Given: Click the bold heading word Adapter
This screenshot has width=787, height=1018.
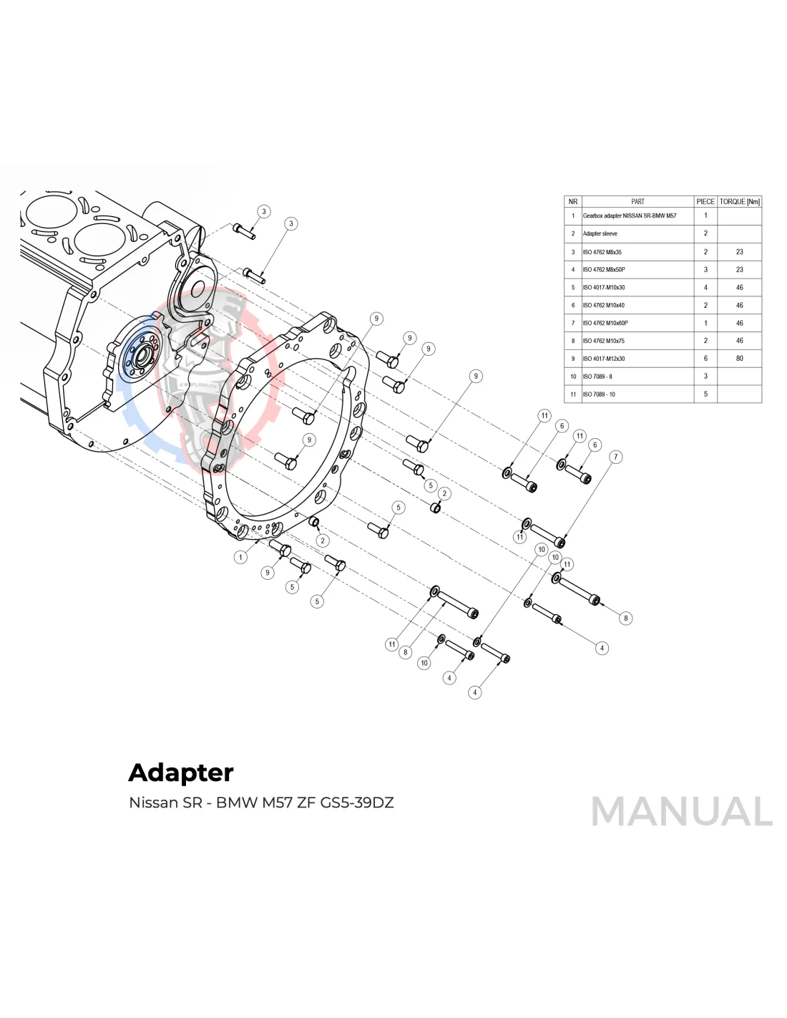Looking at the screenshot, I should pos(181,772).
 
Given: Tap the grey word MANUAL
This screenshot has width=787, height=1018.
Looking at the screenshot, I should pos(681,812).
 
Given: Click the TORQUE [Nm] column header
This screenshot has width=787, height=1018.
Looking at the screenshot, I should pos(739,202).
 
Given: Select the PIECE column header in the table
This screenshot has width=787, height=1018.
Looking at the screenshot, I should pos(705,202).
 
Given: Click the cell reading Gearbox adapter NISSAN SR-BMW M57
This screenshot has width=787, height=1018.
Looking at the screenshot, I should pos(629,215).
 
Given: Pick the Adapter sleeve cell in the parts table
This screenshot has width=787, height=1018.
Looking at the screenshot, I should pos(600,233).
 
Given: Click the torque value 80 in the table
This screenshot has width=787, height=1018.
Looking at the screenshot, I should pos(739,359).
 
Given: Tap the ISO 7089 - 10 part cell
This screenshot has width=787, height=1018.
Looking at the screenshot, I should pos(599,394).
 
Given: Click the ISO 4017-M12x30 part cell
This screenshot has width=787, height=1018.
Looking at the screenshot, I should pos(604,359).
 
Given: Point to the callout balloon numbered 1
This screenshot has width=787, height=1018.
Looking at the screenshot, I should pos(241,557).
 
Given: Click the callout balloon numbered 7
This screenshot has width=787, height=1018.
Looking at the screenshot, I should pos(615,457).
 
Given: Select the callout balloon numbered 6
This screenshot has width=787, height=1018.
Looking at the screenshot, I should pos(595,445).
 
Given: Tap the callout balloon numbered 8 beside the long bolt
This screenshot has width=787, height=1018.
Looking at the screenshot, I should pos(625,619).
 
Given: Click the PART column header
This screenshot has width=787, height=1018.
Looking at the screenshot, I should pos(637,202).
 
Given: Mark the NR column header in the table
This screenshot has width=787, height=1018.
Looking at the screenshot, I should pos(572,202).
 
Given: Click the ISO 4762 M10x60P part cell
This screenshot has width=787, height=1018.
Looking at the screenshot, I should pos(605,323).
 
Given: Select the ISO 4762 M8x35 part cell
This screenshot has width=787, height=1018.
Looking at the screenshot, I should pos(602,252).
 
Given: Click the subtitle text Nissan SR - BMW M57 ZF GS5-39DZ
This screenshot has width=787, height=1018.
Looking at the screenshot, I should pos(261,803).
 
